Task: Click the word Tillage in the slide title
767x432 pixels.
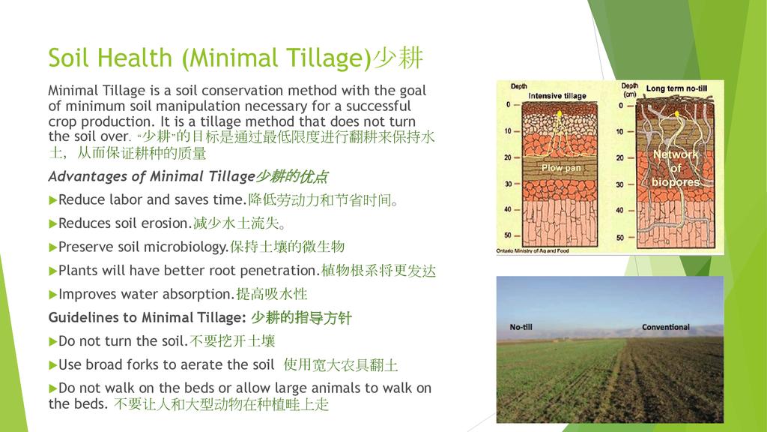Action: [328, 58]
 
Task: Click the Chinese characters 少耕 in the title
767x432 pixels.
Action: [398, 58]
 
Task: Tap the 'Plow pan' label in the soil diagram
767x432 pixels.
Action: [561, 168]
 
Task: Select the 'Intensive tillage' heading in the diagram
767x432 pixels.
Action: [557, 96]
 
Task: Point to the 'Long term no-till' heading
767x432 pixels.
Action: [676, 88]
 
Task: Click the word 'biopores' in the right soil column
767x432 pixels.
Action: [676, 182]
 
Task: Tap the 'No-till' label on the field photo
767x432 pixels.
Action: [521, 327]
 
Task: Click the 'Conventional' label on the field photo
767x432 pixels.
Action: [666, 327]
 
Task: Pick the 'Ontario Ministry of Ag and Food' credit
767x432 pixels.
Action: [533, 250]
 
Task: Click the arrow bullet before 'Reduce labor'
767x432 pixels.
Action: [53, 200]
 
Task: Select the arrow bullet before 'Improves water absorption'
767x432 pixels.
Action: [53, 295]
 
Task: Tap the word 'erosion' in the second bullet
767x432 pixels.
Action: [164, 223]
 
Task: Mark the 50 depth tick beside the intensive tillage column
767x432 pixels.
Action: [511, 235]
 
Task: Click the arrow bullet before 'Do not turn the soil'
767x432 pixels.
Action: [53, 342]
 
